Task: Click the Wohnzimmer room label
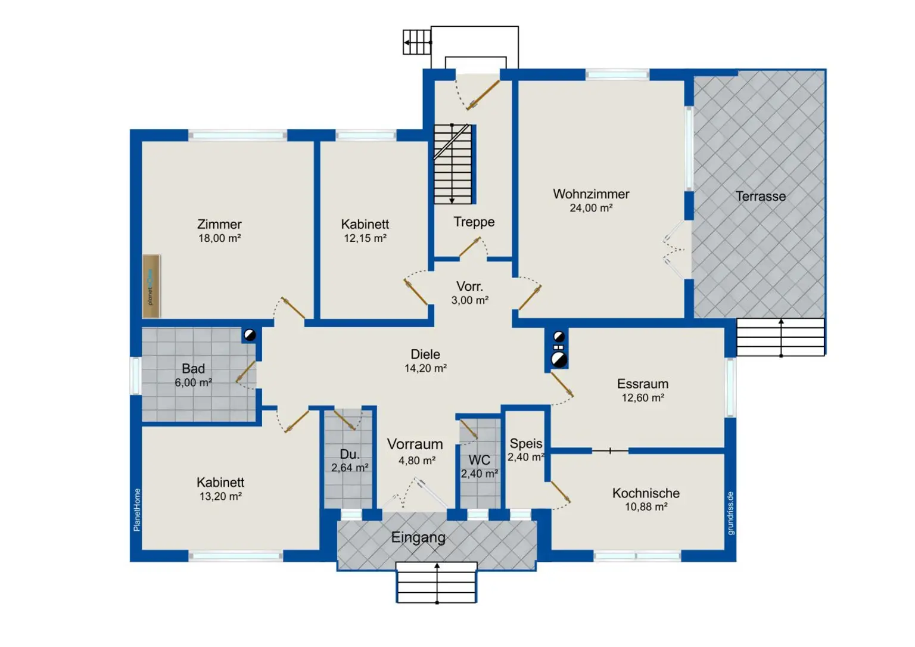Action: (x=591, y=194)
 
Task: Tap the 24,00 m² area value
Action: (x=591, y=208)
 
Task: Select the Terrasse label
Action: (x=761, y=197)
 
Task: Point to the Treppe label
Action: (x=474, y=222)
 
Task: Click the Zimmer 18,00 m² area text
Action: (x=219, y=238)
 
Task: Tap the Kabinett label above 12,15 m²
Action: (x=365, y=224)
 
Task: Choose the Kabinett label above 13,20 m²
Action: (x=220, y=483)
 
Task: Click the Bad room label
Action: (x=193, y=369)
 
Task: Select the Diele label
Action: (x=425, y=354)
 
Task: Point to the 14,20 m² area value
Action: (x=425, y=368)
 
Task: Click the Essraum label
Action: (x=643, y=384)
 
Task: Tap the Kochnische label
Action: (x=646, y=493)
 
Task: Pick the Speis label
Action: (x=526, y=444)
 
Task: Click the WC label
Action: (x=479, y=461)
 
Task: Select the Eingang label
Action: (x=418, y=537)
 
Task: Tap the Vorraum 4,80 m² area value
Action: (x=416, y=461)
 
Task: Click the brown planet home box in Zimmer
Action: (x=151, y=287)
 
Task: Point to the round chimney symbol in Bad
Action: (x=250, y=335)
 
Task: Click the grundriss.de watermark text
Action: (x=731, y=514)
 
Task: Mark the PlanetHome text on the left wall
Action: (x=137, y=510)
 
